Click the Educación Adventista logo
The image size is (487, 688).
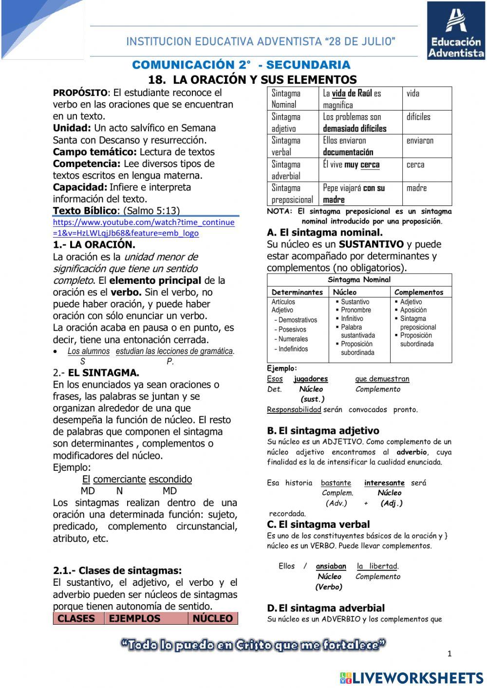(456, 31)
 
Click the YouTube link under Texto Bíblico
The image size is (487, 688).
(143, 227)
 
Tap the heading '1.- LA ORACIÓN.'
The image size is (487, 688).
(94, 244)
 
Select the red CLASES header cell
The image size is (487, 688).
(78, 618)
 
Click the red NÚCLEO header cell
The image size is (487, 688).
(213, 618)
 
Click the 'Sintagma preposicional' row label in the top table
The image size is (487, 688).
(292, 194)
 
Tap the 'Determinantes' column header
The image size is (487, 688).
(297, 292)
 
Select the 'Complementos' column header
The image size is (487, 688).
(419, 292)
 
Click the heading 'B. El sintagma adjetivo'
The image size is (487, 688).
(323, 430)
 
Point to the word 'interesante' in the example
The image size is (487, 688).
(384, 483)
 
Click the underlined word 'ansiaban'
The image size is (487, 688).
(331, 566)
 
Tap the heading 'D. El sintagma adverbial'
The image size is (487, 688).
(326, 608)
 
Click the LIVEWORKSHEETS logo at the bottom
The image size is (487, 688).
(412, 678)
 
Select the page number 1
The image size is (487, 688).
(450, 654)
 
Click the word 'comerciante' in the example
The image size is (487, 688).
(119, 479)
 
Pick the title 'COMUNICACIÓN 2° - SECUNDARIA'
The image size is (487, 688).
(241, 65)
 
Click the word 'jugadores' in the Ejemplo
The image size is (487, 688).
(311, 379)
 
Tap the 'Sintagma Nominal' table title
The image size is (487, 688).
(359, 279)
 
